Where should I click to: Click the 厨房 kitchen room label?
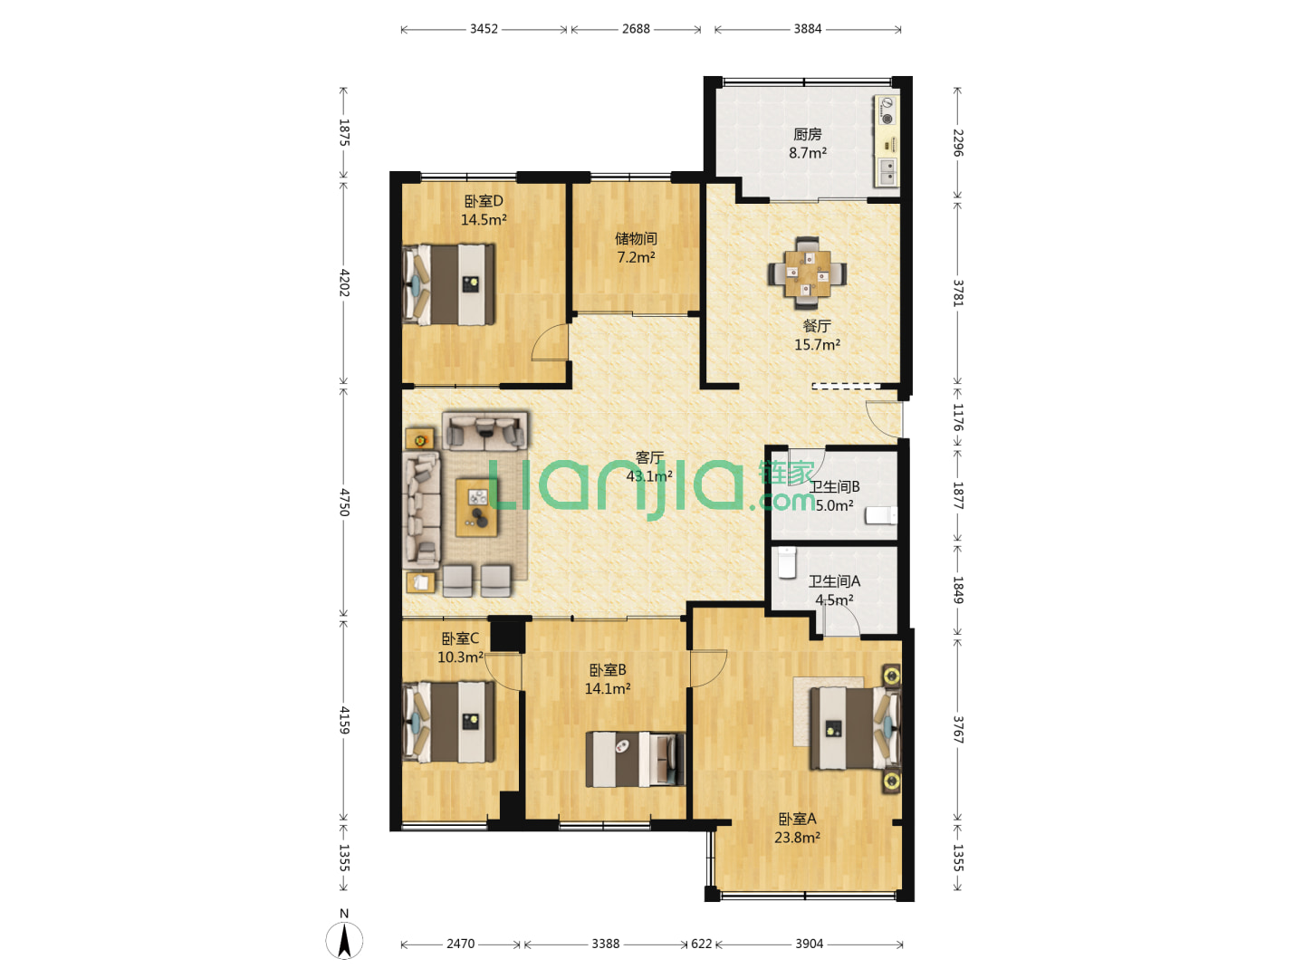(x=808, y=134)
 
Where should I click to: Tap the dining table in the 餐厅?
(x=807, y=273)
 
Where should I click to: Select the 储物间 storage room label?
(x=636, y=238)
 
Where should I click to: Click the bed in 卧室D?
(x=448, y=284)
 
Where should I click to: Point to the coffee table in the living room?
(x=476, y=508)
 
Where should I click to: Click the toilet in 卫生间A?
(x=787, y=562)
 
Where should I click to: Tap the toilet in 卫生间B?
(x=881, y=515)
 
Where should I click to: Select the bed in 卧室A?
(x=856, y=727)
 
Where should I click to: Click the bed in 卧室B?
(x=635, y=759)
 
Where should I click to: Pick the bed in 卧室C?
(x=448, y=722)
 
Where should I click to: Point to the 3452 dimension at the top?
(x=484, y=28)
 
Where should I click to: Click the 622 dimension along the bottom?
(x=701, y=944)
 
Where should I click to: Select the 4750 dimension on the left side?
(x=344, y=502)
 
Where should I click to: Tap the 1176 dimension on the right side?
(x=958, y=417)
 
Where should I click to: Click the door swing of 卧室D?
(x=550, y=342)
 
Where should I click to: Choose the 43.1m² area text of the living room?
(x=649, y=475)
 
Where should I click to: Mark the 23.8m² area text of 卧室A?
(x=797, y=838)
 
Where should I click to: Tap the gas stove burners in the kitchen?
(x=887, y=111)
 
